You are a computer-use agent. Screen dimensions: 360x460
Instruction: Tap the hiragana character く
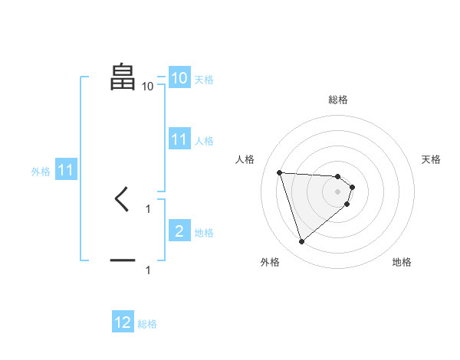coord(122,200)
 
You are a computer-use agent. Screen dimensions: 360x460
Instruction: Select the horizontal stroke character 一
coord(123,260)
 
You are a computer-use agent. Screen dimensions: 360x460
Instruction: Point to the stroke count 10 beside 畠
coord(147,87)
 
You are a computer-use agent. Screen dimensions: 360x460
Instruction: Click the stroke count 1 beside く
coord(148,208)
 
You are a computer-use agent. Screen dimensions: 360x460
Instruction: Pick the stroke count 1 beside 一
coord(148,270)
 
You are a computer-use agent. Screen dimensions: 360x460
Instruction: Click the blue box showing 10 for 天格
coord(179,78)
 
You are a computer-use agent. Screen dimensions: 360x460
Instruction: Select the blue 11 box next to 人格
coord(179,139)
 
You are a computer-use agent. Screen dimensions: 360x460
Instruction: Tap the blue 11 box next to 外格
coord(65,170)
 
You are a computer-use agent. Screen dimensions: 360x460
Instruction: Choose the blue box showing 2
coord(179,231)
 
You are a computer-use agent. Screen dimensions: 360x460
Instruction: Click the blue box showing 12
coord(123,322)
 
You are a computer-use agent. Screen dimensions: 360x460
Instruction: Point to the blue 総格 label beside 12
coord(147,324)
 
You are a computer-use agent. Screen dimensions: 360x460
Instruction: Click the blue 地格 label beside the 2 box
coord(204,233)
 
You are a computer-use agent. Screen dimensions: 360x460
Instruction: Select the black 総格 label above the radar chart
coord(338,100)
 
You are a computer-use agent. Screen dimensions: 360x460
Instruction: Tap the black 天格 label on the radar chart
coord(432,159)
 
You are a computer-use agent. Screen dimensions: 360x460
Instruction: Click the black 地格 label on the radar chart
coord(402,262)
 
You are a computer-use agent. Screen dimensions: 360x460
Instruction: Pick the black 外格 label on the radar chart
coord(269,262)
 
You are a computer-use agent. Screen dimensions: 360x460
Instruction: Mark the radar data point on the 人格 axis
coord(280,172)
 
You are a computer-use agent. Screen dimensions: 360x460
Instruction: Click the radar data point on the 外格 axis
coord(301,242)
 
